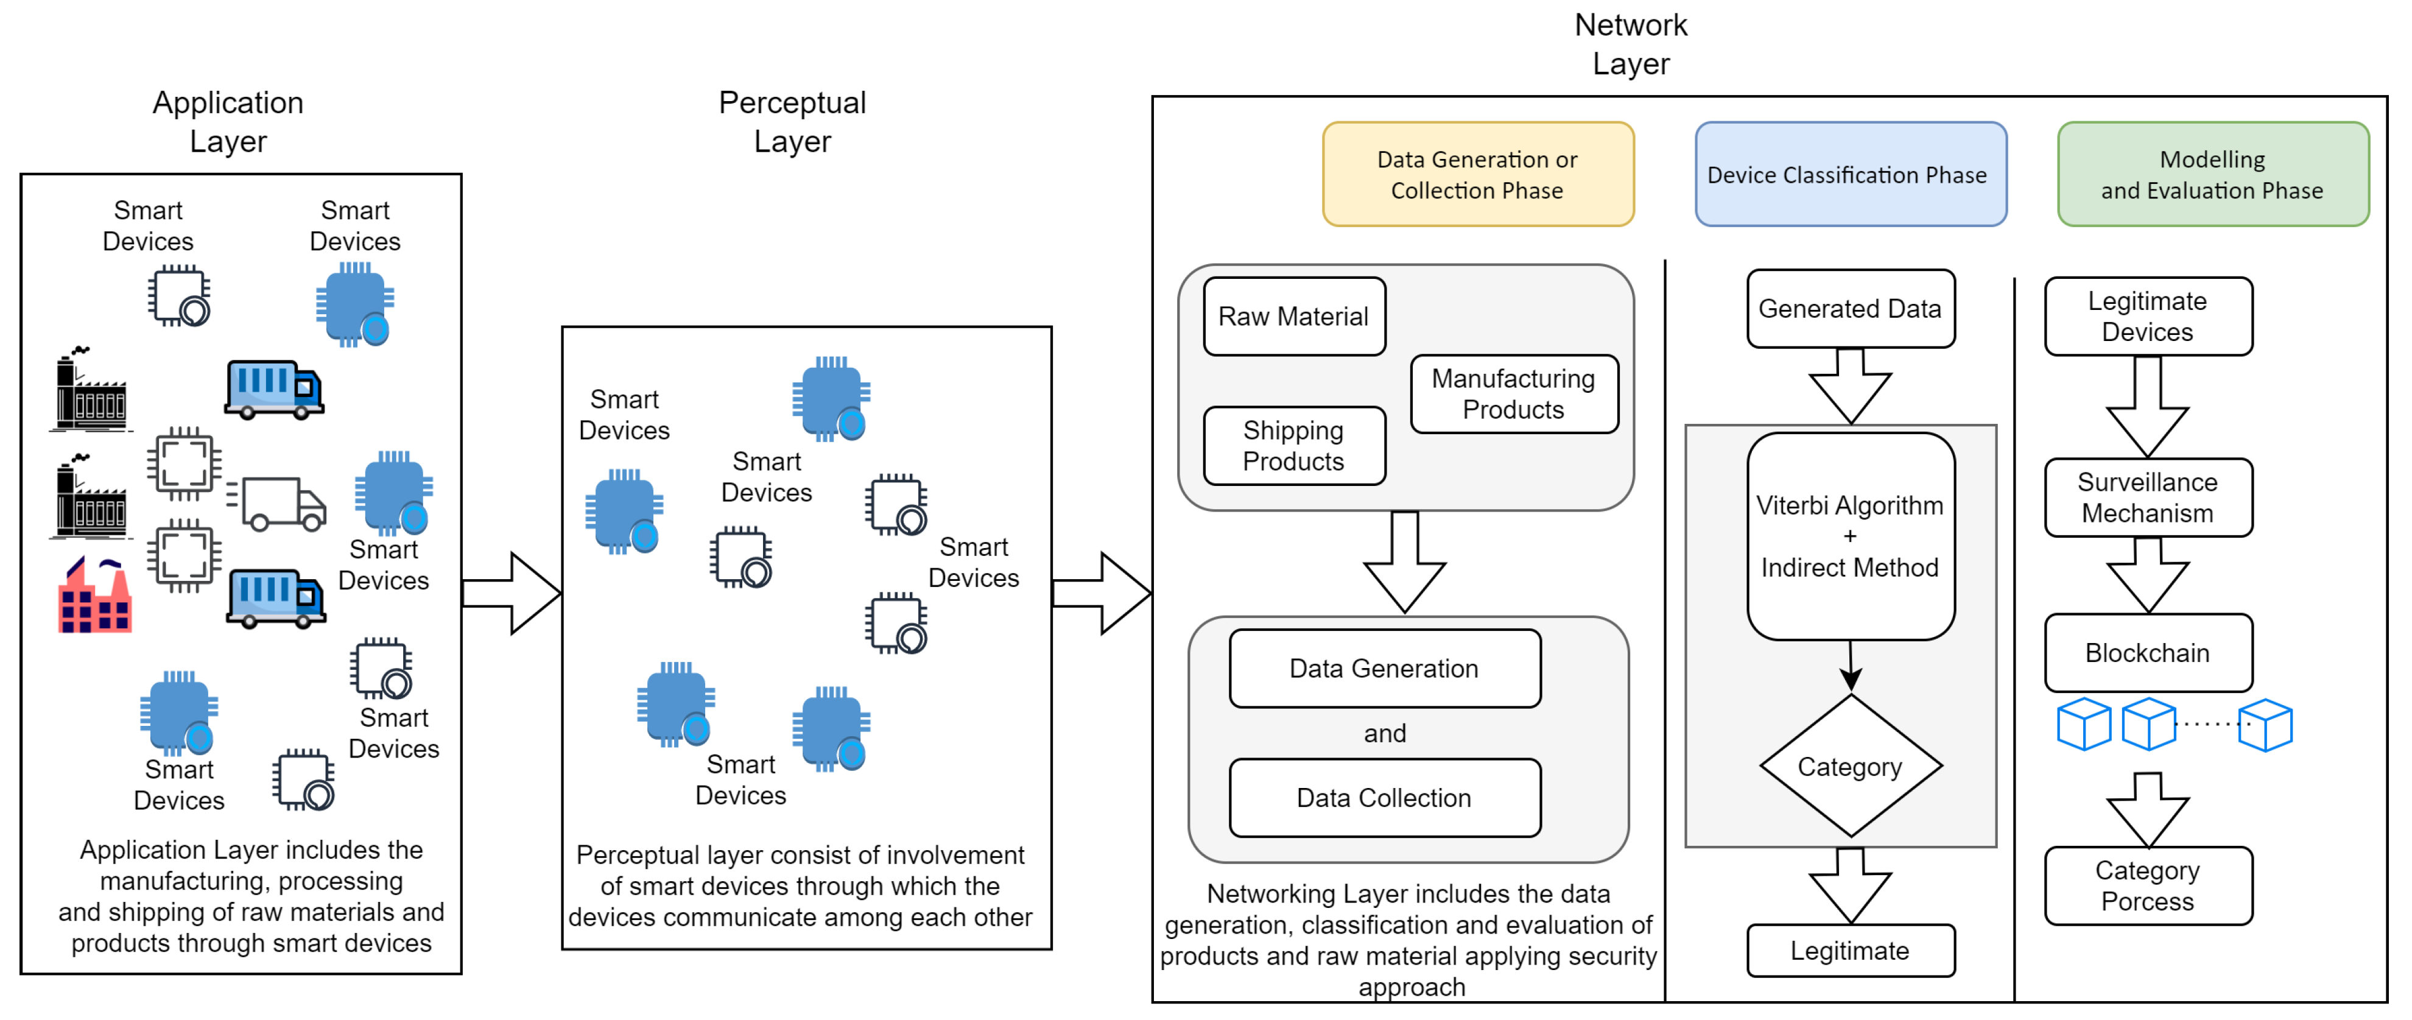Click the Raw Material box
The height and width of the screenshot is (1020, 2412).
coord(1293,317)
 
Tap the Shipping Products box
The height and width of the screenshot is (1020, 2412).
coord(1293,446)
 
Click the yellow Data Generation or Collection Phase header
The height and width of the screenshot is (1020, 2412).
coord(1477,174)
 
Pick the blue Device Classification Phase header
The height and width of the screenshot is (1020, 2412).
coord(1849,174)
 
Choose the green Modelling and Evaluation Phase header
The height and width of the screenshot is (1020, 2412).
coord(2212,174)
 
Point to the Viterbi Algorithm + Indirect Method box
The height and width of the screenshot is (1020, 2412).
coord(1849,536)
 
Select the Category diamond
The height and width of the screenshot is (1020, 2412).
coord(1849,766)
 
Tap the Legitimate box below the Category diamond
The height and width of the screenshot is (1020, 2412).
coord(1849,950)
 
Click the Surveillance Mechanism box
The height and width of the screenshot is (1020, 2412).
coord(2147,498)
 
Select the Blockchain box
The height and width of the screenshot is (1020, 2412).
coord(2147,653)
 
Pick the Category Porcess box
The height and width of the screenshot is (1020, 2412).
coord(2147,885)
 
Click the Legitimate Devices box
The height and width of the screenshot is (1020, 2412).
coord(2147,317)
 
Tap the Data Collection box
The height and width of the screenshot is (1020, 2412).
coord(1384,797)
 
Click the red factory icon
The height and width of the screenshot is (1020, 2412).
coord(94,597)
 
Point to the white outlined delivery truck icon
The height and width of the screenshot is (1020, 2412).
coord(278,503)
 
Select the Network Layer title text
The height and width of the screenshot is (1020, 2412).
coord(1630,44)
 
